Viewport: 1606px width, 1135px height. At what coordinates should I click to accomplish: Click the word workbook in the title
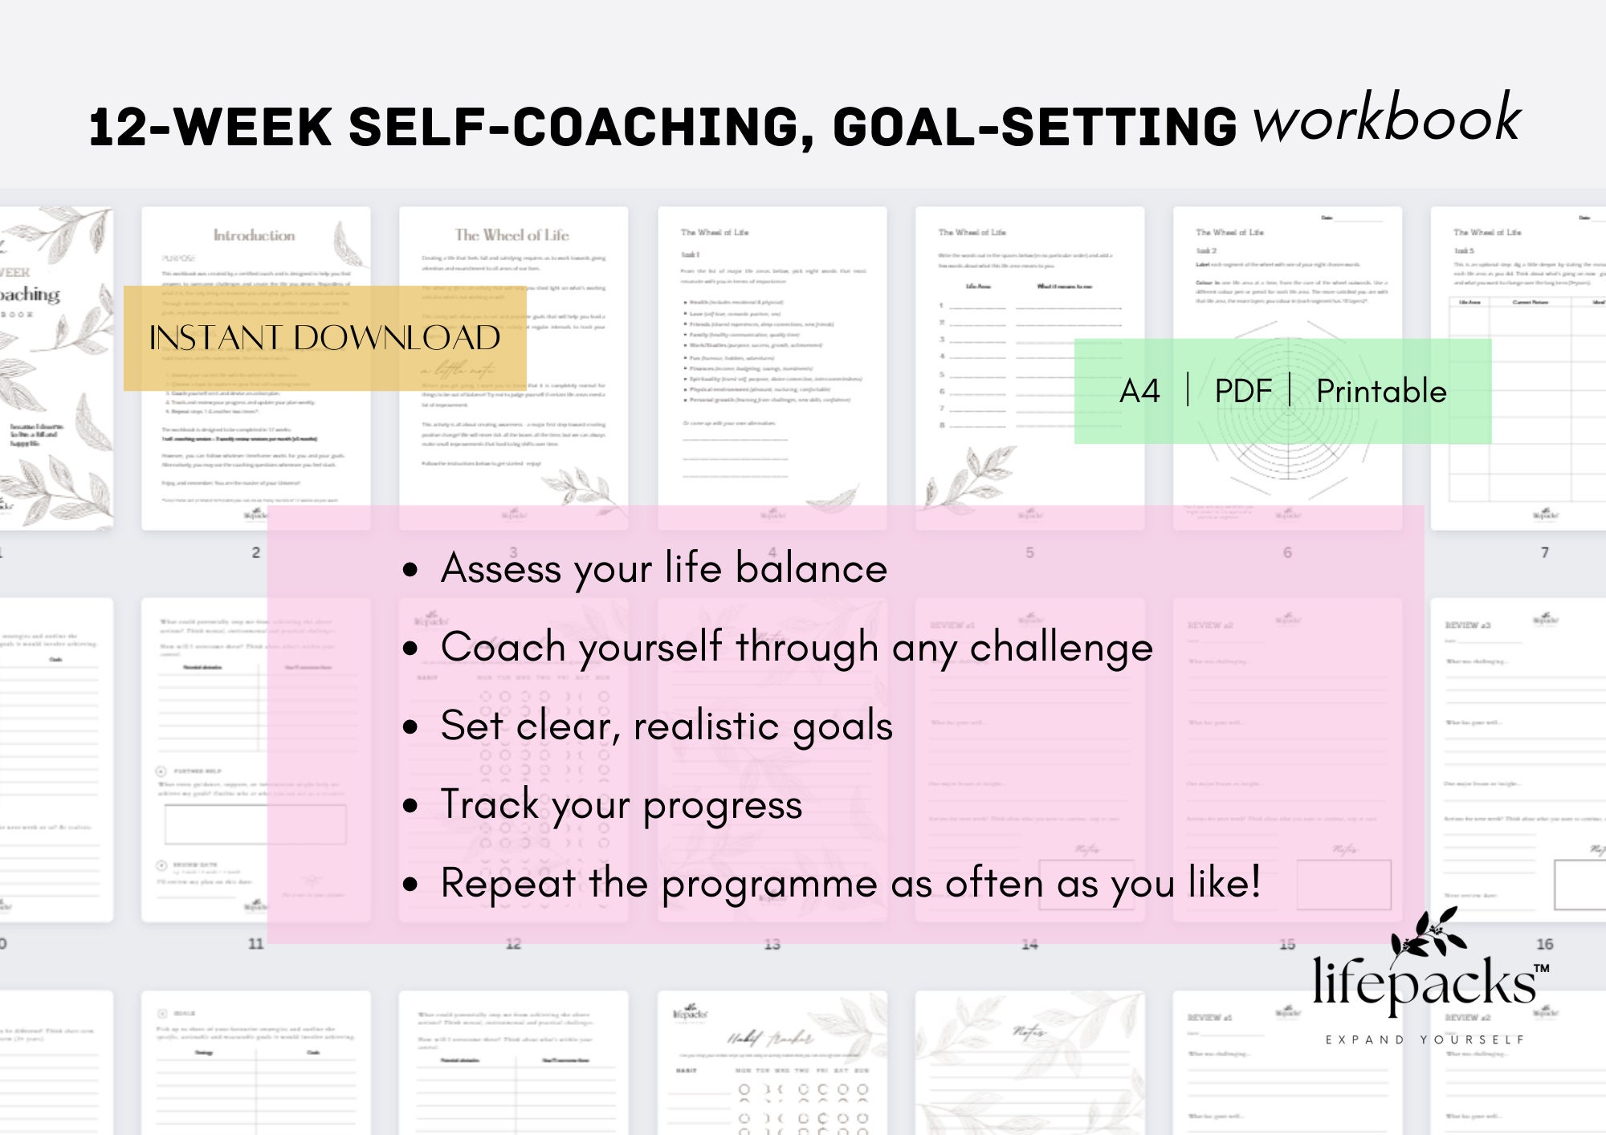1387,119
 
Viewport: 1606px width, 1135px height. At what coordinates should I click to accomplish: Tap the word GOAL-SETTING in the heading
1035,128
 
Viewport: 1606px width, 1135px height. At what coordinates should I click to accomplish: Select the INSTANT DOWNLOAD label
324,338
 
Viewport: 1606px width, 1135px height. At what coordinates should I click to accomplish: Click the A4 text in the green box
1139,392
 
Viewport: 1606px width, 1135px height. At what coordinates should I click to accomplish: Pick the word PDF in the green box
1242,392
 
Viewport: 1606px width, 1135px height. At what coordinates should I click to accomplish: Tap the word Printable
1381,392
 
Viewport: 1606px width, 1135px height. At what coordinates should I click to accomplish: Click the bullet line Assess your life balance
663,569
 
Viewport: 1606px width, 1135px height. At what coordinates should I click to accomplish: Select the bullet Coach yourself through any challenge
796,648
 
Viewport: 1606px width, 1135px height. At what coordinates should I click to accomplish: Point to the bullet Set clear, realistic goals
666,726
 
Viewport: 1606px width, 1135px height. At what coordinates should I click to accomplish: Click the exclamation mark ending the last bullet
1253,882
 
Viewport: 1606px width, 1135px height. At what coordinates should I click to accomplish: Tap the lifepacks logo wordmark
1424,982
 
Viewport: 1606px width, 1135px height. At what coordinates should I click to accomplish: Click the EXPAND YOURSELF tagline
1424,1039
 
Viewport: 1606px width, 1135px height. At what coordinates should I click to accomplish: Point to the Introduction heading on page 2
254,235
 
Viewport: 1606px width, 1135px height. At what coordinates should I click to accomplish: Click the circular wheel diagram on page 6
1287,409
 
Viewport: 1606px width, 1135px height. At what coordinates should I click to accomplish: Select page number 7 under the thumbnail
1544,552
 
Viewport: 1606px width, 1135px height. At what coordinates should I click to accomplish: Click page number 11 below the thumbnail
255,944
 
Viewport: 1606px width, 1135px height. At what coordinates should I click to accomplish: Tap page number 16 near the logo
1544,944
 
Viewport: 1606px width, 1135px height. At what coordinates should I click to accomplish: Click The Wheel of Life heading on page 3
512,235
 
